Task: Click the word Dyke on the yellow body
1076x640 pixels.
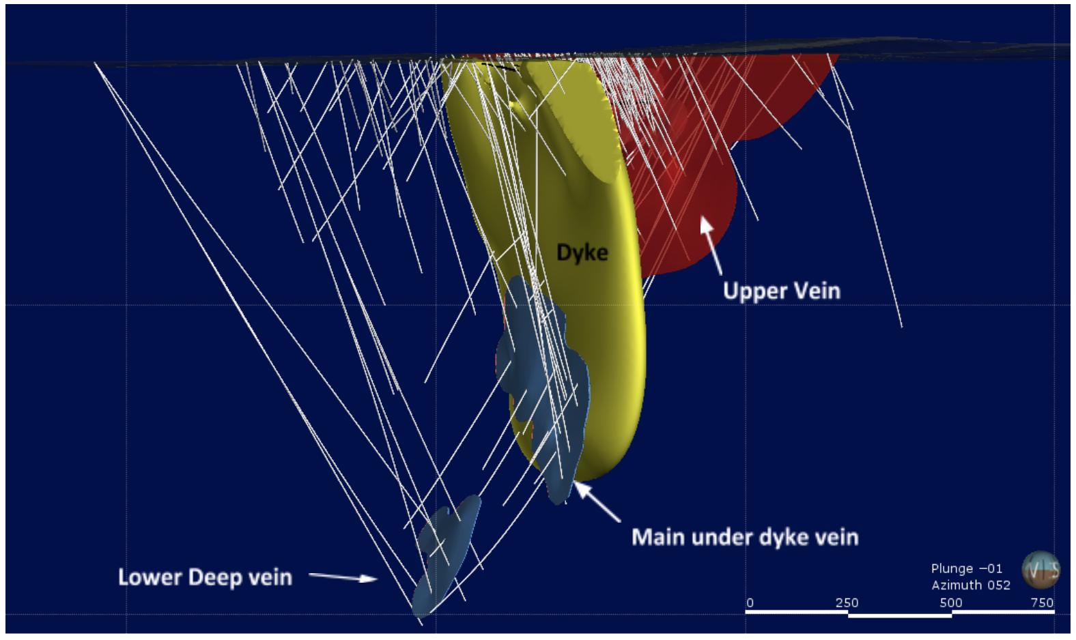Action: point(582,252)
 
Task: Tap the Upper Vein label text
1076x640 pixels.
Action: point(781,291)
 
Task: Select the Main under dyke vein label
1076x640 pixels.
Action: point(744,537)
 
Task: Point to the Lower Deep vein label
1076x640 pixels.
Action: point(205,577)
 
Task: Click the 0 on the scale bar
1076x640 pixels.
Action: point(750,602)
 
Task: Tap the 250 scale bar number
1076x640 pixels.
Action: point(847,602)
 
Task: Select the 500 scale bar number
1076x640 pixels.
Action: point(950,602)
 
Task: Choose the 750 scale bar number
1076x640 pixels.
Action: point(1042,602)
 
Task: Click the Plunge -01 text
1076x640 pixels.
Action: point(966,568)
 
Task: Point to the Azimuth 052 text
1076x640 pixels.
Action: point(970,585)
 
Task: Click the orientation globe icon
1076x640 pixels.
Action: point(1040,569)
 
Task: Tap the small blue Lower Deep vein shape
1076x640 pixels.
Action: point(445,553)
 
